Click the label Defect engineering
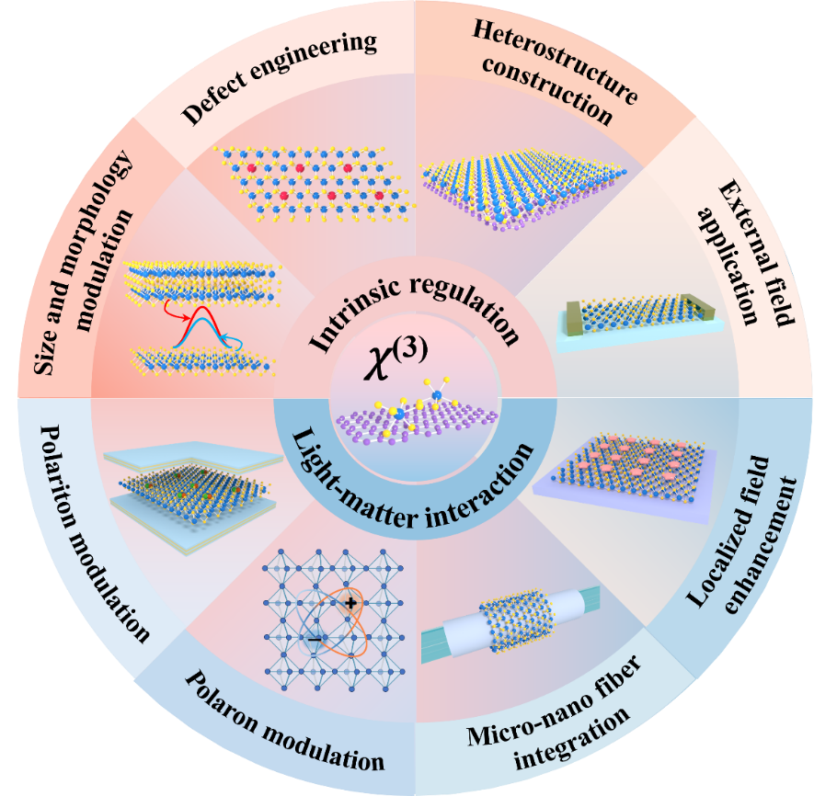pos(281,79)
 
